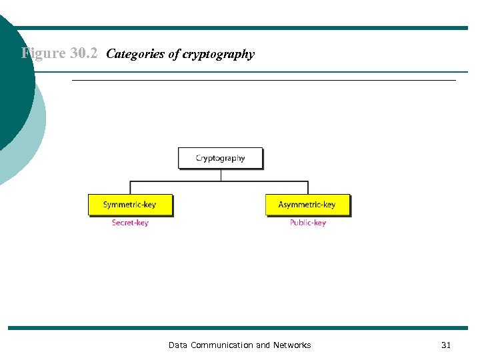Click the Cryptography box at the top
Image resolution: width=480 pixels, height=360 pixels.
(220, 158)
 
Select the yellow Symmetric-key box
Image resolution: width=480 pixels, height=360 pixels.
(130, 205)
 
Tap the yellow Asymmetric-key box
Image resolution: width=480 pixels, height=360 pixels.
(307, 205)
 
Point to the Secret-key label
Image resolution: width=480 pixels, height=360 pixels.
(130, 223)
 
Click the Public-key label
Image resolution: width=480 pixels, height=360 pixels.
(307, 223)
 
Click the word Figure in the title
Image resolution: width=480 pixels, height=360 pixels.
(43, 53)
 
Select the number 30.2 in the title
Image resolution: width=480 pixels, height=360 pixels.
(83, 53)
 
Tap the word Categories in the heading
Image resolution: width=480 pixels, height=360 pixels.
(135, 54)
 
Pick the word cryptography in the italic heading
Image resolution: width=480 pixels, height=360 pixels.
(221, 55)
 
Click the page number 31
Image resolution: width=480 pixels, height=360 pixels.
(446, 345)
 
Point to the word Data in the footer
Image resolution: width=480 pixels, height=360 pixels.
(178, 345)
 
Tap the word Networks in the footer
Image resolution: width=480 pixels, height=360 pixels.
(292, 345)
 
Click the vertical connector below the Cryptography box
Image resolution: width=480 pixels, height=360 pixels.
(220, 175)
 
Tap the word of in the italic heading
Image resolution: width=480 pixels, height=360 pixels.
(174, 54)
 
